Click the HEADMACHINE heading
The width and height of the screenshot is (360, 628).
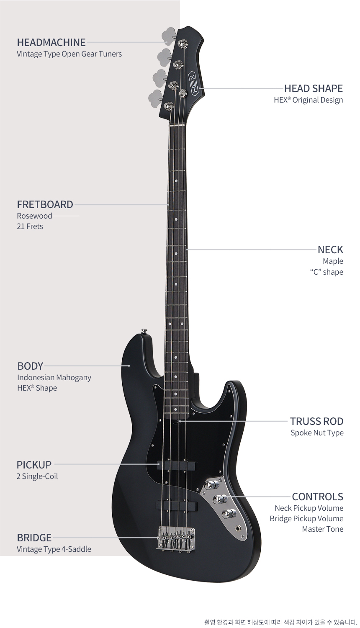[51, 42]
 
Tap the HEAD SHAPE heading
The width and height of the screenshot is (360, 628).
[314, 89]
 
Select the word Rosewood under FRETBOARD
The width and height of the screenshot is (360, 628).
[34, 216]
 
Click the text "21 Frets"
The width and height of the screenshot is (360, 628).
[30, 226]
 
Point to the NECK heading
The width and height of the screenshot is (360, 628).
[330, 250]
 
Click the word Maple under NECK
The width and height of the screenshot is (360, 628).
[333, 261]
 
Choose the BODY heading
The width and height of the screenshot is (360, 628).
[30, 366]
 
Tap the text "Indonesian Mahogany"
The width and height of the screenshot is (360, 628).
[54, 378]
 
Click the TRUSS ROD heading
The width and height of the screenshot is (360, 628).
[316, 421]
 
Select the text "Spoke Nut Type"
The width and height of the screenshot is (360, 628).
[317, 433]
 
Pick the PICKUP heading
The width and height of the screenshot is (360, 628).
[34, 465]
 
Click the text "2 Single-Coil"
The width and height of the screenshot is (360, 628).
[37, 476]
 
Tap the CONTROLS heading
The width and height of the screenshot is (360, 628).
[317, 497]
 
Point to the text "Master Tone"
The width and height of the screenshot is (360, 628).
[322, 529]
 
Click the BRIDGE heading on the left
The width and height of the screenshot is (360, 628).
[34, 538]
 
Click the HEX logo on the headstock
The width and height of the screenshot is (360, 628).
[195, 84]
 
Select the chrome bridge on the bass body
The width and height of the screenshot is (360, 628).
[176, 539]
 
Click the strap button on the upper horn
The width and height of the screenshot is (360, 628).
[145, 331]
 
